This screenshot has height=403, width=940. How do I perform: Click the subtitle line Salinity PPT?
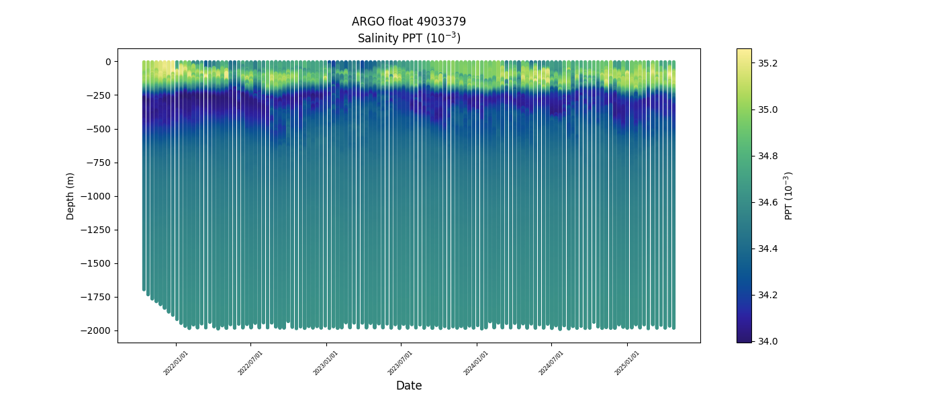tap(408, 38)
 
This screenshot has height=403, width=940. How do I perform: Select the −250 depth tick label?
tap(98, 95)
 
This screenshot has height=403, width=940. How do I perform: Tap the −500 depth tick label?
tap(98, 129)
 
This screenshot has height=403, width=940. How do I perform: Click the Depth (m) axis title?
tap(70, 196)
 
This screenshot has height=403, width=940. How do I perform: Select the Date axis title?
tap(409, 386)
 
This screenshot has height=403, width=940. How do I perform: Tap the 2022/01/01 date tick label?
tap(176, 363)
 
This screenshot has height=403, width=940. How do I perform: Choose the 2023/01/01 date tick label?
tap(326, 363)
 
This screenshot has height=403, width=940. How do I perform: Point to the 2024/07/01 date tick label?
tap(551, 363)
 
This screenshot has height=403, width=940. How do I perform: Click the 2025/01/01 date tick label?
tap(627, 363)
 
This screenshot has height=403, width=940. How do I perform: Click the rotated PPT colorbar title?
tap(789, 195)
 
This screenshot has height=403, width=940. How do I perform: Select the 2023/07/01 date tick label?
tap(401, 363)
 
